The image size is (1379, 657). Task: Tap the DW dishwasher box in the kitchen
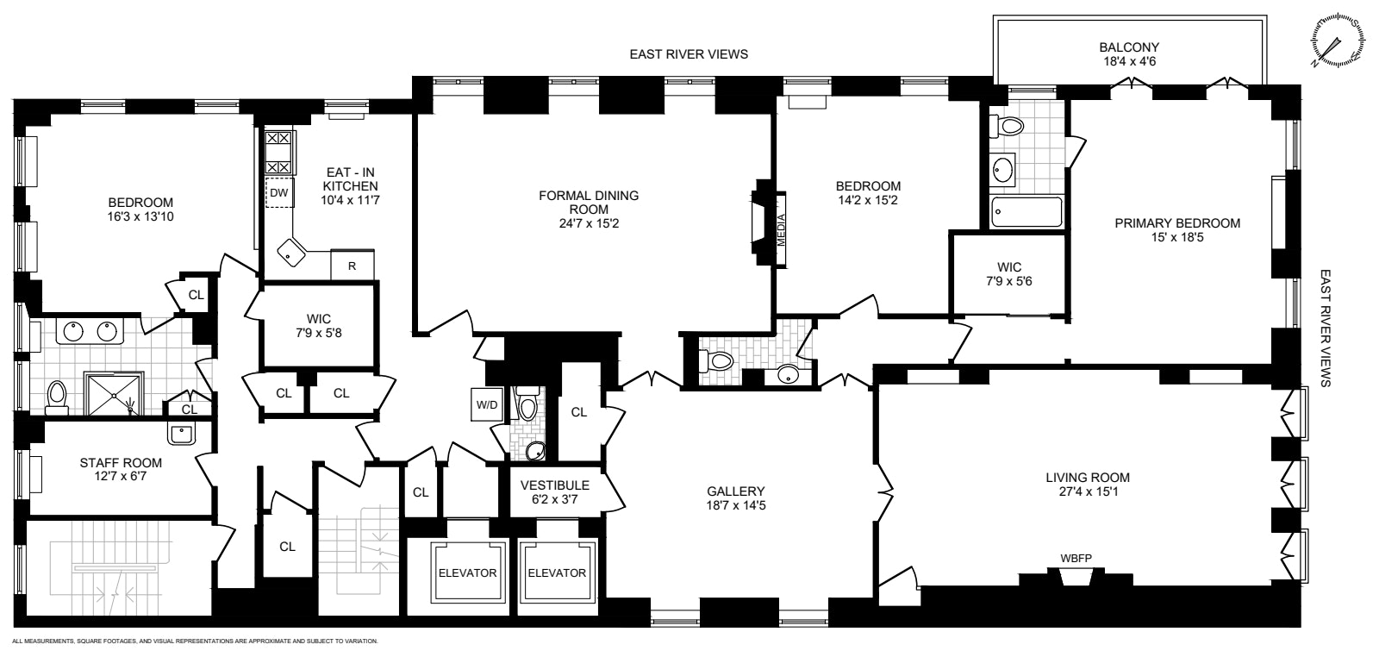point(278,193)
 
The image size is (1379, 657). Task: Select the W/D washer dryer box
point(486,404)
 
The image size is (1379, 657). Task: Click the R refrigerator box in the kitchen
point(353,266)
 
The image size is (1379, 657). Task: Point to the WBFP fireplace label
point(1075,558)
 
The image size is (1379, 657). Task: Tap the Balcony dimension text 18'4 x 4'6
point(1128,62)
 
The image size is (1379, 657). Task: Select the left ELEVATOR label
point(467,573)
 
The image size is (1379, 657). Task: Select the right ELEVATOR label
point(556,573)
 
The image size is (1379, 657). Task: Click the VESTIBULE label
point(554,485)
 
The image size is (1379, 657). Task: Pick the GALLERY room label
point(735,491)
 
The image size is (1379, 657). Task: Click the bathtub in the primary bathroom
point(1026,211)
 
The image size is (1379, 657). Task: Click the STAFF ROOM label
point(121,463)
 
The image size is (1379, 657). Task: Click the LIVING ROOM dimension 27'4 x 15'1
point(1087,491)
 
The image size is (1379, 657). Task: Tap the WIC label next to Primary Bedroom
point(1008,267)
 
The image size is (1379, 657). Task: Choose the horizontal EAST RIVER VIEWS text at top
point(688,54)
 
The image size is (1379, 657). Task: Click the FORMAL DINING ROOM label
point(589,202)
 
